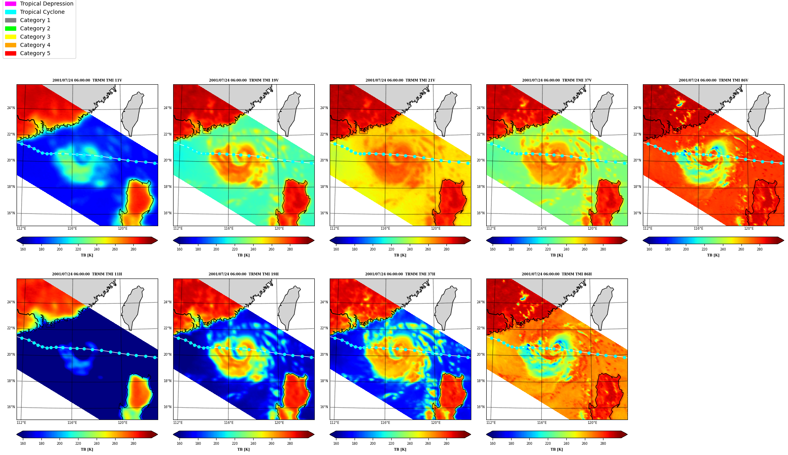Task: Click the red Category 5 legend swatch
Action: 11,53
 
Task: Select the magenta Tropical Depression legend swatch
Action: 11,4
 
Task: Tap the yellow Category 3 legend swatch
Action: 11,37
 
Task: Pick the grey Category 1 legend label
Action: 35,20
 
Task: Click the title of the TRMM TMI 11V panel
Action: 87,80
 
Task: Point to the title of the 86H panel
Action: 556,274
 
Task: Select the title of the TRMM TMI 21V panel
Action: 400,80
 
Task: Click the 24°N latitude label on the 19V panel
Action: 168,108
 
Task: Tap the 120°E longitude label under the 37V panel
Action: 592,228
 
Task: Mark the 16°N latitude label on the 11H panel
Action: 11,407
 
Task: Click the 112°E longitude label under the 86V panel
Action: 648,228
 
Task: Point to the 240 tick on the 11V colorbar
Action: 97,249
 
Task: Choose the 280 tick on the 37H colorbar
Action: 446,444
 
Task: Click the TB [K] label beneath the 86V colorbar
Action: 713,255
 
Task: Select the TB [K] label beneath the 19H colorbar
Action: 243,449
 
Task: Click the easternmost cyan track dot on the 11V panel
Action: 155,163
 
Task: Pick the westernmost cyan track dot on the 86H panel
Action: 491,338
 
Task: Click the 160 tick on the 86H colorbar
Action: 493,444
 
